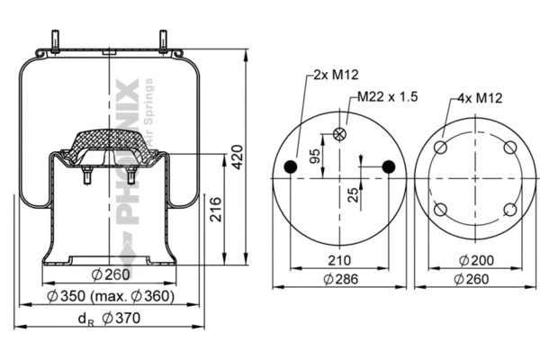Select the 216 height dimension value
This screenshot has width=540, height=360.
[x=215, y=212]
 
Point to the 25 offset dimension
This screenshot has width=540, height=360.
[x=354, y=193]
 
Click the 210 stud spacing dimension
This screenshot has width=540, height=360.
[x=339, y=262]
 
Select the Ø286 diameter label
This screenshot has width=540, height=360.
[x=340, y=279]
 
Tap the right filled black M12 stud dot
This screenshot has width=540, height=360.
[x=388, y=166]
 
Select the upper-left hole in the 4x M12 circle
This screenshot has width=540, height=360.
[x=441, y=148]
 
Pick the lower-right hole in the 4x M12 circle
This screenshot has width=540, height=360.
[x=509, y=210]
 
